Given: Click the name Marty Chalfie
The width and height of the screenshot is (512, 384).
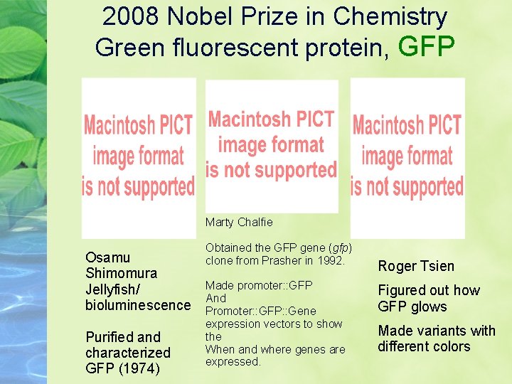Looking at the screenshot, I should pos(239,223).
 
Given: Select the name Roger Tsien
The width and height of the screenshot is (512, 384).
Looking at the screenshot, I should pos(416,266).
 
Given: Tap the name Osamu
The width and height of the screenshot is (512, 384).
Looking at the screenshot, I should pos(108,257).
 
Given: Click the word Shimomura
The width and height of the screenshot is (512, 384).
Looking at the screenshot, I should pos(121,273).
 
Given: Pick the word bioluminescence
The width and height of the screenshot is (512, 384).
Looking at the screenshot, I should pos(138,306).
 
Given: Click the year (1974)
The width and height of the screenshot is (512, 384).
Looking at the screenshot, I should pos(139,368).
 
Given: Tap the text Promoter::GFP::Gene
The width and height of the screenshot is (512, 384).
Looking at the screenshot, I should pos(261,311).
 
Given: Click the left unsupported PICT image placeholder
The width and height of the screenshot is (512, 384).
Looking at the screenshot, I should pos(139,157).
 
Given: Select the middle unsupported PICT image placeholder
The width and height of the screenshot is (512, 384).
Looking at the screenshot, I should pos(272,146).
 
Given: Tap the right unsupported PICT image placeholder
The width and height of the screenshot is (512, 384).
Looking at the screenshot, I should pos(407,157).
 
